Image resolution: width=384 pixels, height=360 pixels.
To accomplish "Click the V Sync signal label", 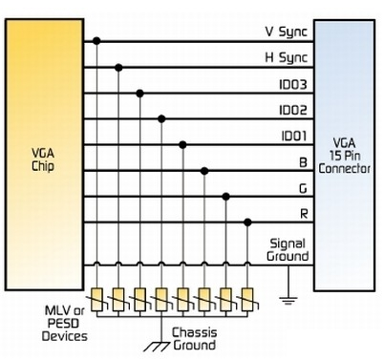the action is click(287, 32).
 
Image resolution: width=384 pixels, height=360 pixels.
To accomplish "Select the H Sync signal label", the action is click(287, 58).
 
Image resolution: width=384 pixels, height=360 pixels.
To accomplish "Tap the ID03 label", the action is click(293, 85).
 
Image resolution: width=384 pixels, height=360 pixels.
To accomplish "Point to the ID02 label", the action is click(293, 111).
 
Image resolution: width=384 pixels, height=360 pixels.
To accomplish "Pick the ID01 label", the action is click(294, 137).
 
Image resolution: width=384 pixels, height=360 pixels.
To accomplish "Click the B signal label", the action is click(303, 162).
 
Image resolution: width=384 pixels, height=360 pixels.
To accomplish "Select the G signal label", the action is click(303, 188).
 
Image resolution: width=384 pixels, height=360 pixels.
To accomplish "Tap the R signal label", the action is click(304, 214).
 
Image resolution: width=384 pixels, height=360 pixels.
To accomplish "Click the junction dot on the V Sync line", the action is click(96, 41).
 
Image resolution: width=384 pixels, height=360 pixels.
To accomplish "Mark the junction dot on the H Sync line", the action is click(118, 68).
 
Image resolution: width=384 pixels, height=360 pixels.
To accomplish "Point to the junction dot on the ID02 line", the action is click(161, 119).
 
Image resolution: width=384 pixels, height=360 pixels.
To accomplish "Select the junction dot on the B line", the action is click(204, 171).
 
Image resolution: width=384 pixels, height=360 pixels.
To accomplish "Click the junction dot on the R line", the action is click(247, 222).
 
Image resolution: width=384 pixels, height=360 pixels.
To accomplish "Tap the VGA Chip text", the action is click(43, 159).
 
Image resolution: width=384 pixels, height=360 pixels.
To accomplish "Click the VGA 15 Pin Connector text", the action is click(345, 156).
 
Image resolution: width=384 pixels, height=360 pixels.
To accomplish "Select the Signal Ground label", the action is click(288, 250).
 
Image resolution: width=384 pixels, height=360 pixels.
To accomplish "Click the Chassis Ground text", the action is click(195, 339).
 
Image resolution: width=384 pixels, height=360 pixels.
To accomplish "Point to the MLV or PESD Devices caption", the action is click(65, 324).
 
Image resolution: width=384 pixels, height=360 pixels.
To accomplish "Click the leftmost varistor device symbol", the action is click(96, 300).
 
